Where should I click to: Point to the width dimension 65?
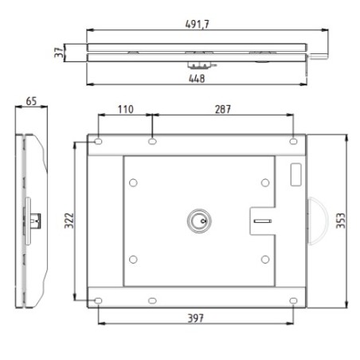point(31,101)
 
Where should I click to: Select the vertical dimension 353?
point(341,221)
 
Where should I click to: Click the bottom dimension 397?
point(197,318)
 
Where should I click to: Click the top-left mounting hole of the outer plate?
point(98,142)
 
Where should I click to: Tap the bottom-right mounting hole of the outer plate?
point(294,300)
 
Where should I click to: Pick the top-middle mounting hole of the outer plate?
point(151,142)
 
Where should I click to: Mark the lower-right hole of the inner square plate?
point(264,259)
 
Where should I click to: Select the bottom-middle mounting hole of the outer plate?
point(151,300)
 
